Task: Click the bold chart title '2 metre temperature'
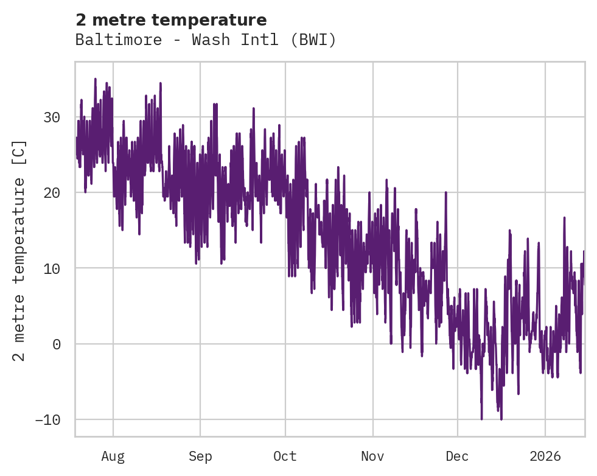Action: (x=171, y=20)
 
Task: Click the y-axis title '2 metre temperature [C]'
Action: (x=20, y=250)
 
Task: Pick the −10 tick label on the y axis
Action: (x=49, y=420)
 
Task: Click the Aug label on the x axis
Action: (x=113, y=457)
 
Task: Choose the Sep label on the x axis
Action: (x=200, y=457)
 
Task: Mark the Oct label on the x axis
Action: (x=284, y=457)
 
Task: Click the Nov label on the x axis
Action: (x=372, y=457)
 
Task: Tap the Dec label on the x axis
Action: (x=457, y=457)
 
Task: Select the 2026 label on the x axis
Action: (x=545, y=457)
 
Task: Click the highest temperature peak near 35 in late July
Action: (x=95, y=79)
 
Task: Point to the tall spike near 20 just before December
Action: (x=446, y=193)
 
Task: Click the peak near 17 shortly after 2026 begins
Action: (x=564, y=217)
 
